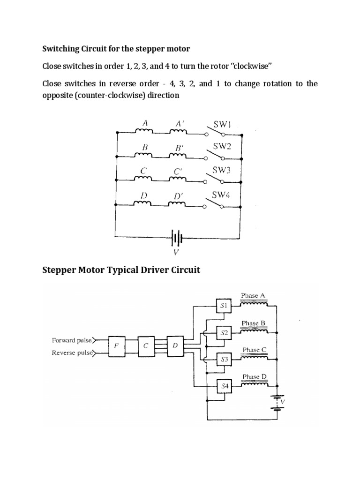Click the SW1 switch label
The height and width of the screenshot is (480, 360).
(222, 125)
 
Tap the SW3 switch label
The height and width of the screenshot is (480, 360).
(222, 171)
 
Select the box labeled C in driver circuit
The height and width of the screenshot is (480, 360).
(146, 345)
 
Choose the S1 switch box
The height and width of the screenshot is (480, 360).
(224, 307)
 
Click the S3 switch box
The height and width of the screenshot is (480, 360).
(224, 360)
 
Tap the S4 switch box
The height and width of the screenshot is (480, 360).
(224, 386)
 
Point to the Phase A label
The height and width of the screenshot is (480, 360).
(253, 295)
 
